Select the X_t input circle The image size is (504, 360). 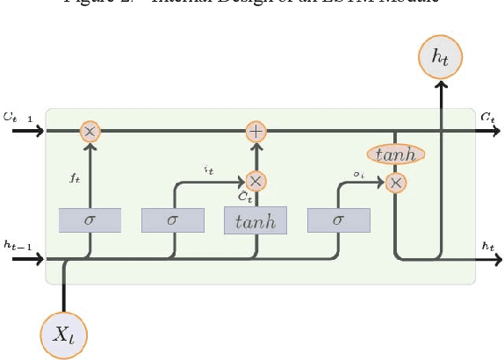(64, 335)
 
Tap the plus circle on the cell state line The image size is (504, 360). (256, 132)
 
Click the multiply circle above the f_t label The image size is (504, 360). (89, 132)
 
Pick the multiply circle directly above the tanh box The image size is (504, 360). (256, 181)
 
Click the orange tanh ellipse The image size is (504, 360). (396, 155)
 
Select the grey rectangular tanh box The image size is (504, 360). (256, 220)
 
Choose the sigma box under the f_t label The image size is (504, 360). (89, 220)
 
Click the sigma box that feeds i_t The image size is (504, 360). (172, 220)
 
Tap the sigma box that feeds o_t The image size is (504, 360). (338, 220)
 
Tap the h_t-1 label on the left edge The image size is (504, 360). (18, 246)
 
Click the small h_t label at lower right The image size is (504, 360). (487, 247)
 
